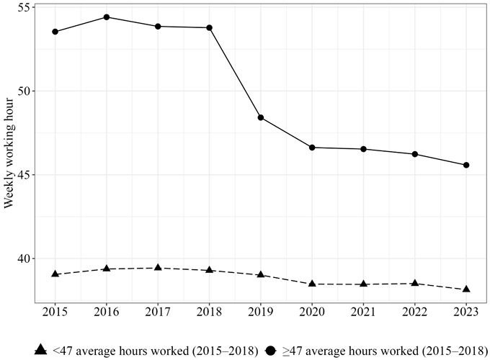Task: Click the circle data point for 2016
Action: coord(107,17)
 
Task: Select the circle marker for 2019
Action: coord(261,117)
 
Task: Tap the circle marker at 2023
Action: coord(466,165)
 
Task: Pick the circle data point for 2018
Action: coord(209,27)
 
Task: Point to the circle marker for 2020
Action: coord(312,147)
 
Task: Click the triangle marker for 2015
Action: coord(55,274)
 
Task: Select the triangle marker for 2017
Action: coord(158,268)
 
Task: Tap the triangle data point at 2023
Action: coord(466,289)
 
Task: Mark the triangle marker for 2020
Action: coord(312,284)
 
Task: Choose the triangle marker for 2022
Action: coord(415,283)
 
